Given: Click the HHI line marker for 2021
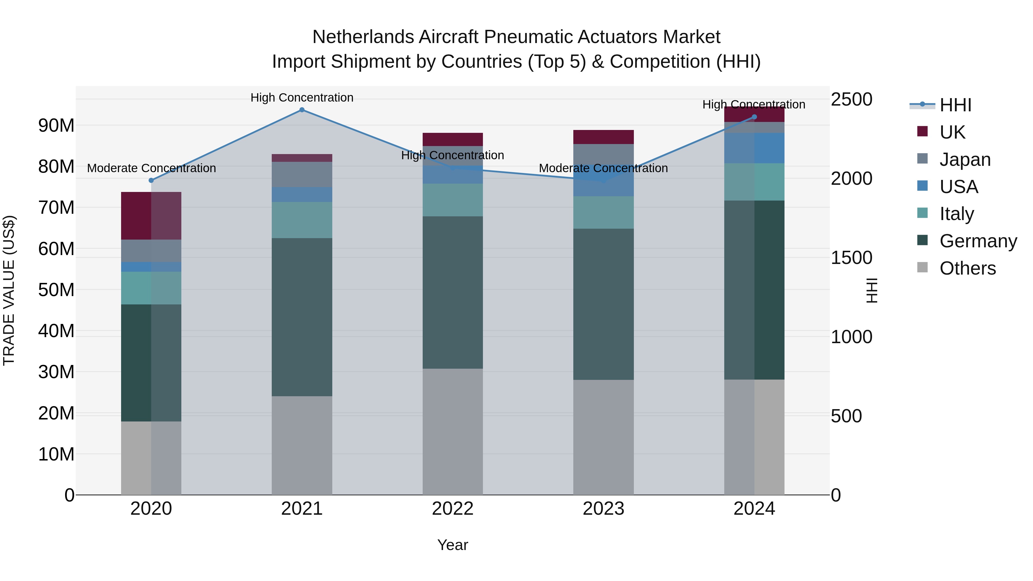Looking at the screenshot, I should pyautogui.click(x=302, y=110).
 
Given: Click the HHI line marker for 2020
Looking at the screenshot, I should pyautogui.click(x=151, y=180).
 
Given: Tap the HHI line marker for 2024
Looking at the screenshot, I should pyautogui.click(x=754, y=117).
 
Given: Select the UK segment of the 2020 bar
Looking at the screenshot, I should pyautogui.click(x=151, y=216).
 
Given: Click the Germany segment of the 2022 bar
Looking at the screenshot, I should pyautogui.click(x=453, y=292).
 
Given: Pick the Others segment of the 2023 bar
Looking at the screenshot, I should pyautogui.click(x=603, y=437).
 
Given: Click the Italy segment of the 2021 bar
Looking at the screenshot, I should pyautogui.click(x=302, y=220).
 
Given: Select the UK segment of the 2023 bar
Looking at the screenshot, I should pyautogui.click(x=603, y=137).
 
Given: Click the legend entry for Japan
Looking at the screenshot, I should pyautogui.click(x=965, y=160).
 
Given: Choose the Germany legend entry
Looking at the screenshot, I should pyautogui.click(x=978, y=241).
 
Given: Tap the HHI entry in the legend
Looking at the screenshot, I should pyautogui.click(x=955, y=105).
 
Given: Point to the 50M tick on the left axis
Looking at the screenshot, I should pyautogui.click(x=56, y=290).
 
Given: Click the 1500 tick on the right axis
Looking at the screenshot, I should pyautogui.click(x=851, y=258).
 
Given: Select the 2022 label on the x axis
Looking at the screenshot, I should pyautogui.click(x=453, y=509).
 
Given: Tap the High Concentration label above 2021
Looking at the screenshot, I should pyautogui.click(x=302, y=98).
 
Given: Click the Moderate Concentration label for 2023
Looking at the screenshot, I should pyautogui.click(x=603, y=168).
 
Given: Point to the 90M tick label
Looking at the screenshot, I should pyautogui.click(x=56, y=125).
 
